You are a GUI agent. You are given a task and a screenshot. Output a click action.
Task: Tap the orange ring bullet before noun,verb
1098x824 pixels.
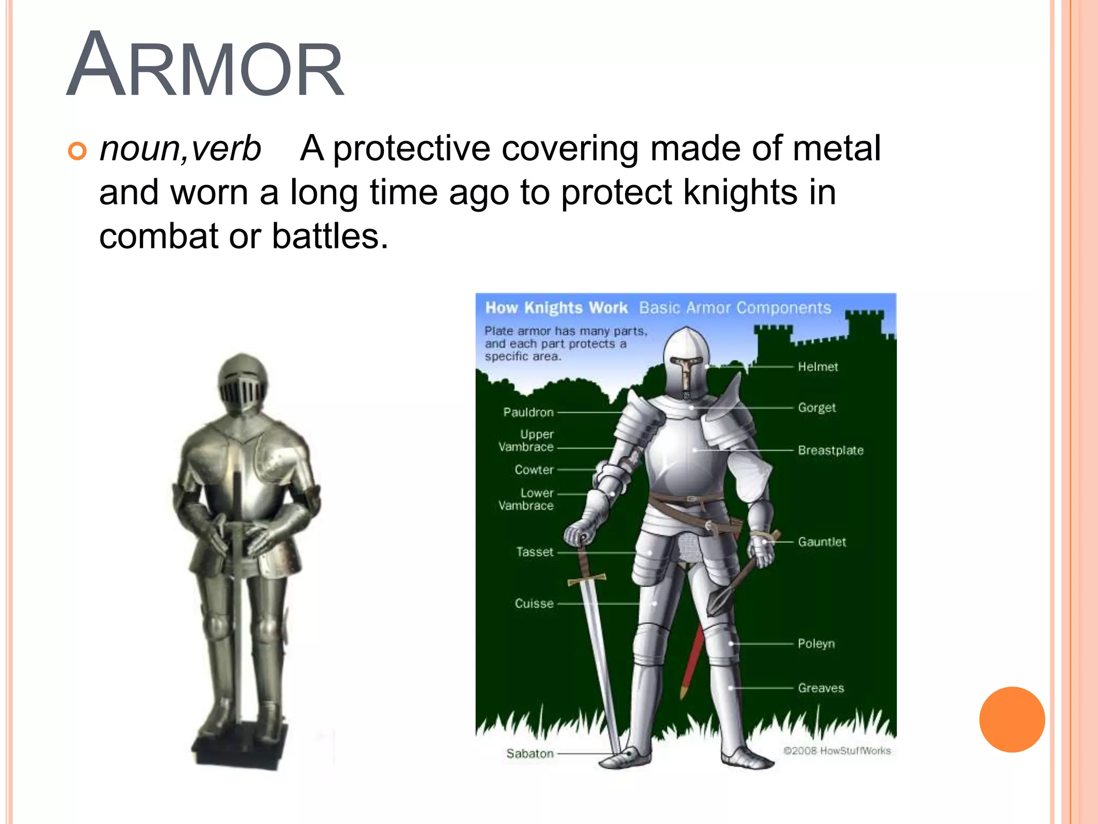click(77, 151)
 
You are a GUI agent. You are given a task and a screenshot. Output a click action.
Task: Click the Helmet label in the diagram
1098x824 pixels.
click(818, 367)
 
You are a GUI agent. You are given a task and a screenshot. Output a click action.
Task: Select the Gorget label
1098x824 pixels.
click(817, 408)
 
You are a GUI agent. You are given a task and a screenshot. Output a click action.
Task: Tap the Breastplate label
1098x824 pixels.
click(830, 451)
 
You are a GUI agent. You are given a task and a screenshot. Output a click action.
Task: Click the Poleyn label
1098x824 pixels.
click(816, 644)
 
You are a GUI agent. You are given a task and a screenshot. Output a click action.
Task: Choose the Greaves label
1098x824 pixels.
click(821, 688)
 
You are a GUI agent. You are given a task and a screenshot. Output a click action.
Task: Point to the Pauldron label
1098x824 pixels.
click(528, 413)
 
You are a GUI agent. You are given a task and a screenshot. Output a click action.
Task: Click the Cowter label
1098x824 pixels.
click(534, 470)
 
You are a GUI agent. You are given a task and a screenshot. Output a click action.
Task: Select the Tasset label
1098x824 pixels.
click(535, 552)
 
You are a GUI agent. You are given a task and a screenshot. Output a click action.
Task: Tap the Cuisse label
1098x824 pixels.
click(534, 604)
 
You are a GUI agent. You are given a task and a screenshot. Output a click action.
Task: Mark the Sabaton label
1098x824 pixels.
click(530, 754)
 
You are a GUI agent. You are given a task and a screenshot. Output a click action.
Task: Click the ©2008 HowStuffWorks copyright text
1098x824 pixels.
click(837, 751)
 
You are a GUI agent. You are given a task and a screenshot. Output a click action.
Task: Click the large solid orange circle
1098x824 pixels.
click(1012, 719)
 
